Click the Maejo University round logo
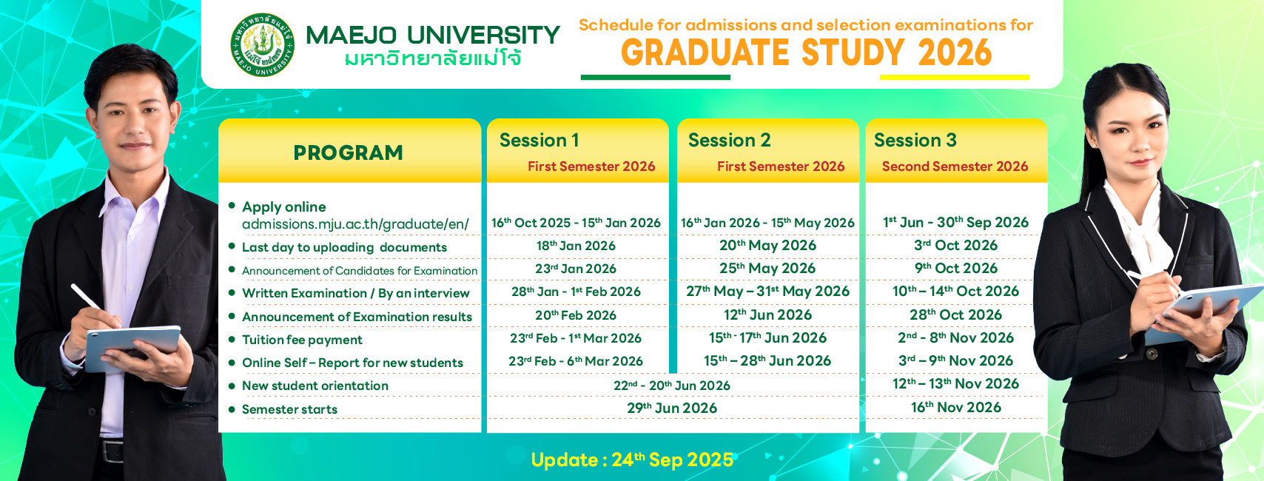263,44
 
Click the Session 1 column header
539,140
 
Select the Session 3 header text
915,140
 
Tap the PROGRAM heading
348,152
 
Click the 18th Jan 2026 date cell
576,246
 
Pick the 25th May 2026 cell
767,268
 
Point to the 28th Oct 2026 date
956,314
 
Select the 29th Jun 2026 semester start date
671,408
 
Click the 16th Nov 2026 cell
956,407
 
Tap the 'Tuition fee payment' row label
302,340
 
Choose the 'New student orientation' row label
315,386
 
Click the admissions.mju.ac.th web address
355,224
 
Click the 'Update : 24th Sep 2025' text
632,460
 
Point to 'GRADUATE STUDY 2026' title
807,53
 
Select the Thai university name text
433,58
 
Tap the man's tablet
132,346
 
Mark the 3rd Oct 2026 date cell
956,245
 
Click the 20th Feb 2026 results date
576,315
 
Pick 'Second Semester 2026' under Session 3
955,166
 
